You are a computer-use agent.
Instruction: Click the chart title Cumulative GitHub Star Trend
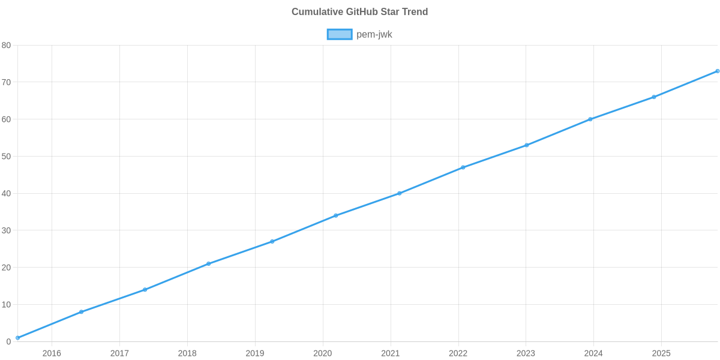coord(359,12)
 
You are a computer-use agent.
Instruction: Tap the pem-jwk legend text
coord(374,35)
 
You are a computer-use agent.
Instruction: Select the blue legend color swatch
coord(339,35)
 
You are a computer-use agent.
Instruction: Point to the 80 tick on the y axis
coord(7,46)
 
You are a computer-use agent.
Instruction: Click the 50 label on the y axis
coord(7,157)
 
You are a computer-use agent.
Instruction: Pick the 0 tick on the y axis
coord(9,342)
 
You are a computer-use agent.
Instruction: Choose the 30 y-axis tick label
coord(7,231)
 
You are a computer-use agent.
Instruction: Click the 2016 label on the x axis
coord(52,353)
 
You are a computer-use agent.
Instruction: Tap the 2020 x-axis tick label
coord(323,353)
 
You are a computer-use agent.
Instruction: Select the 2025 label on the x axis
coord(661,353)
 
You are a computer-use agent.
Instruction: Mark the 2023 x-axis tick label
coord(526,353)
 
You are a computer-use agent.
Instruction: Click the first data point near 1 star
coord(18,338)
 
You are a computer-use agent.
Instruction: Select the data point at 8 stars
coord(81,312)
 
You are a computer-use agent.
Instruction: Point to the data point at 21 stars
coord(209,264)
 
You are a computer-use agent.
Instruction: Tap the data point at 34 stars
coord(336,215)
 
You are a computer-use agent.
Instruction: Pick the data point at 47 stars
coord(463,167)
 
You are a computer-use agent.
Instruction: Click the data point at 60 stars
coord(590,119)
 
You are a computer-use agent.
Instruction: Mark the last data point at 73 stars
coord(718,71)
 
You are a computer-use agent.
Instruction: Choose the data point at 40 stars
coord(400,193)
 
